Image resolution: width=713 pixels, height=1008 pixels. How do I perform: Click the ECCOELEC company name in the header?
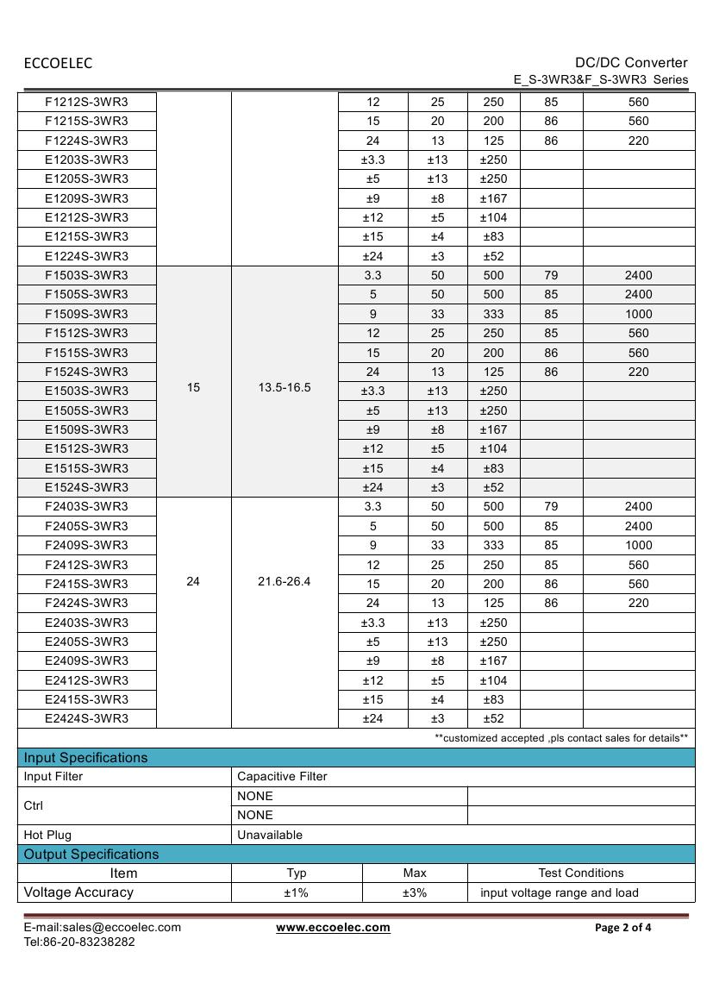click(x=58, y=63)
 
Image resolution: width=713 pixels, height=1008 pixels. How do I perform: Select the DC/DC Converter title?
click(x=631, y=62)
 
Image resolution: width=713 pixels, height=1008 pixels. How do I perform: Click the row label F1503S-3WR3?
click(x=86, y=275)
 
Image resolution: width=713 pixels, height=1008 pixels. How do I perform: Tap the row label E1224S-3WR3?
click(x=86, y=256)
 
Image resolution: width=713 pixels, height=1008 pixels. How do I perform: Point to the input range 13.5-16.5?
click(x=285, y=388)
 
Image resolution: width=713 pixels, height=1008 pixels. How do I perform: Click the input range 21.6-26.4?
click(x=285, y=582)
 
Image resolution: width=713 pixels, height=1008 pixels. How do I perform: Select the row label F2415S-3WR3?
click(x=86, y=584)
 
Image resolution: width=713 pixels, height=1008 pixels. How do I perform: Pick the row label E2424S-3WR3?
click(x=86, y=718)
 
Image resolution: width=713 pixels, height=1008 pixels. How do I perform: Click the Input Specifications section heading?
click(x=85, y=758)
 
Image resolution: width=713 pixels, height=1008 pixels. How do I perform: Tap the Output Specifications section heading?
click(x=91, y=855)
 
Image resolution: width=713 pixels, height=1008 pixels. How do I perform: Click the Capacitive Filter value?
click(x=282, y=776)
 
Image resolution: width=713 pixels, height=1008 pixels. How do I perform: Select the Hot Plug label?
click(x=47, y=835)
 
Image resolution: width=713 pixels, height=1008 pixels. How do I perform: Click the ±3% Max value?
click(x=415, y=892)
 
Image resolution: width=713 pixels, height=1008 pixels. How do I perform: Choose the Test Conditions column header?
click(x=581, y=873)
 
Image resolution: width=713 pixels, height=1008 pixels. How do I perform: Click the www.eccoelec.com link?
click(x=333, y=928)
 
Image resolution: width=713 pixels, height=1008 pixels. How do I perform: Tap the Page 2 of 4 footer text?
click(x=623, y=928)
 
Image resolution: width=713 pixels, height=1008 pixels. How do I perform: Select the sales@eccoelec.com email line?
click(x=102, y=928)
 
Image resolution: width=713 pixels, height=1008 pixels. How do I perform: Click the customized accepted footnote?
click(x=561, y=738)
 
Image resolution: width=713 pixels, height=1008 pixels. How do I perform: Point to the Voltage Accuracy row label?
click(x=78, y=892)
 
